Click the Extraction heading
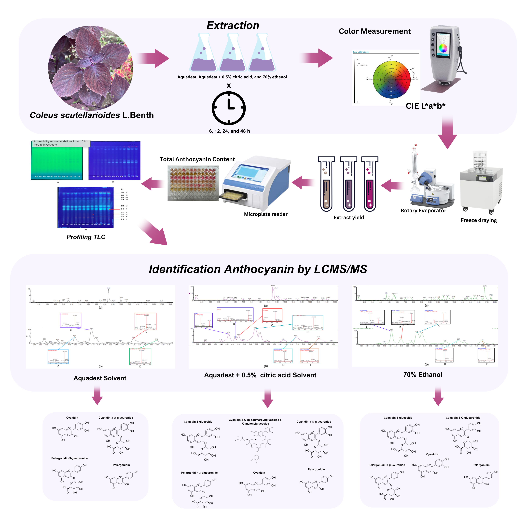point(233,25)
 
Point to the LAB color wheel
point(391,79)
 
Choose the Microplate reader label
point(266,214)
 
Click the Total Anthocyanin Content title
point(197,159)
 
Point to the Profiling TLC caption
point(86,237)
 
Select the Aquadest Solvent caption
point(100,378)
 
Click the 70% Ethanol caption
point(423,374)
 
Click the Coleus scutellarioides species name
point(75,115)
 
